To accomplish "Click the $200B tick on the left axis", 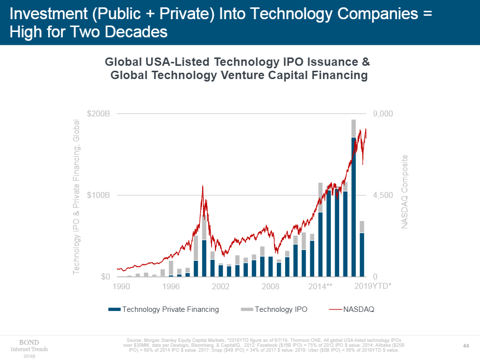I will [x=98, y=114].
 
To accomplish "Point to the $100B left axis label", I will [x=98, y=195].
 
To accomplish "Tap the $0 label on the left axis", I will [x=104, y=277].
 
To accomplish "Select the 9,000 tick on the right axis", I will [x=383, y=114].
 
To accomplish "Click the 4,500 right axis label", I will [x=383, y=195].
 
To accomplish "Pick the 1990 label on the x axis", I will [x=121, y=286].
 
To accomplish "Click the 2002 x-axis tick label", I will [x=220, y=286].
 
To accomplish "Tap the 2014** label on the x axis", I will [x=320, y=286].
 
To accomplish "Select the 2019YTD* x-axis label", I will [x=373, y=286].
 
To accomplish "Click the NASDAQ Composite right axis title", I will [x=405, y=192].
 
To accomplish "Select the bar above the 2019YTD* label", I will [x=362, y=253].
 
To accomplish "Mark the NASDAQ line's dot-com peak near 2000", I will [x=202, y=186].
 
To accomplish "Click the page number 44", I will [x=467, y=346].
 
